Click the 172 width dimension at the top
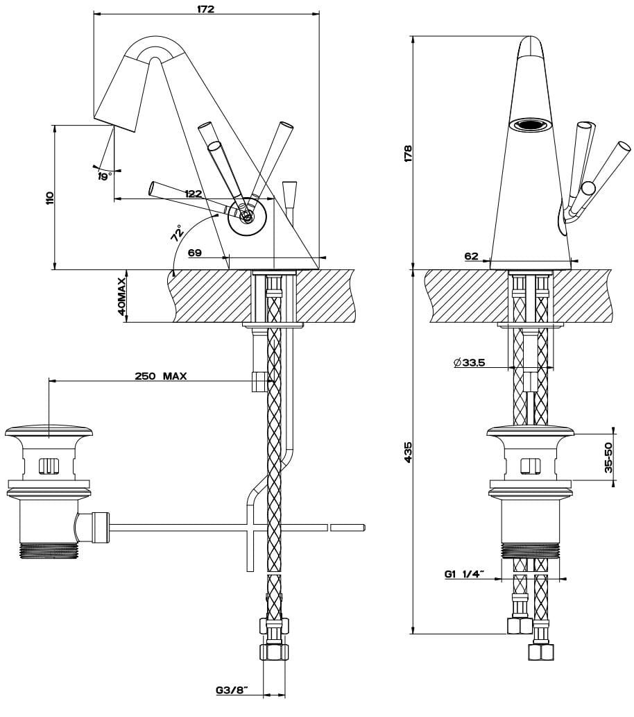click(206, 8)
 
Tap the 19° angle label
click(105, 176)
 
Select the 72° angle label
click(176, 233)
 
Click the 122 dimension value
click(194, 194)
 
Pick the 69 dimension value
click(195, 253)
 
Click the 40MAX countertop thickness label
click(122, 296)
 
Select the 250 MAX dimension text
click(161, 376)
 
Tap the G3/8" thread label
click(232, 691)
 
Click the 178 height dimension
click(408, 153)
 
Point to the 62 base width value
click(472, 257)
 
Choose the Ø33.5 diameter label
click(469, 362)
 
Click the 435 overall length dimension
click(408, 453)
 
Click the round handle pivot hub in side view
click(246, 217)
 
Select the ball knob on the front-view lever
click(588, 187)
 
